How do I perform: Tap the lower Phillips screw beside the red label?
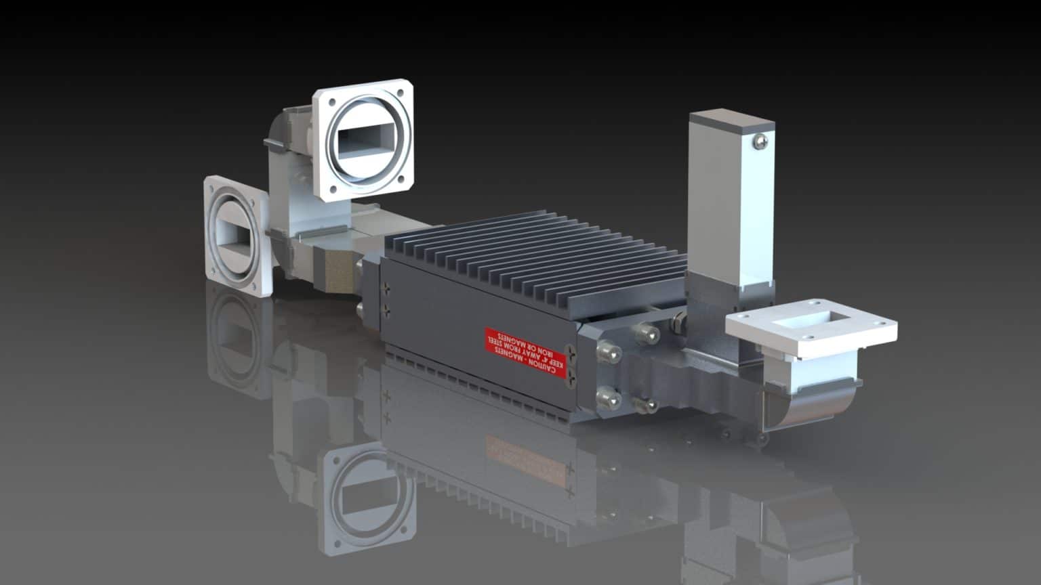tap(572, 376)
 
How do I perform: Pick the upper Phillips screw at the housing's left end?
tap(387, 288)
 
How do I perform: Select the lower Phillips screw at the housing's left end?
tap(387, 311)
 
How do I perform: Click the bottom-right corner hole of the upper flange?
tap(401, 179)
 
